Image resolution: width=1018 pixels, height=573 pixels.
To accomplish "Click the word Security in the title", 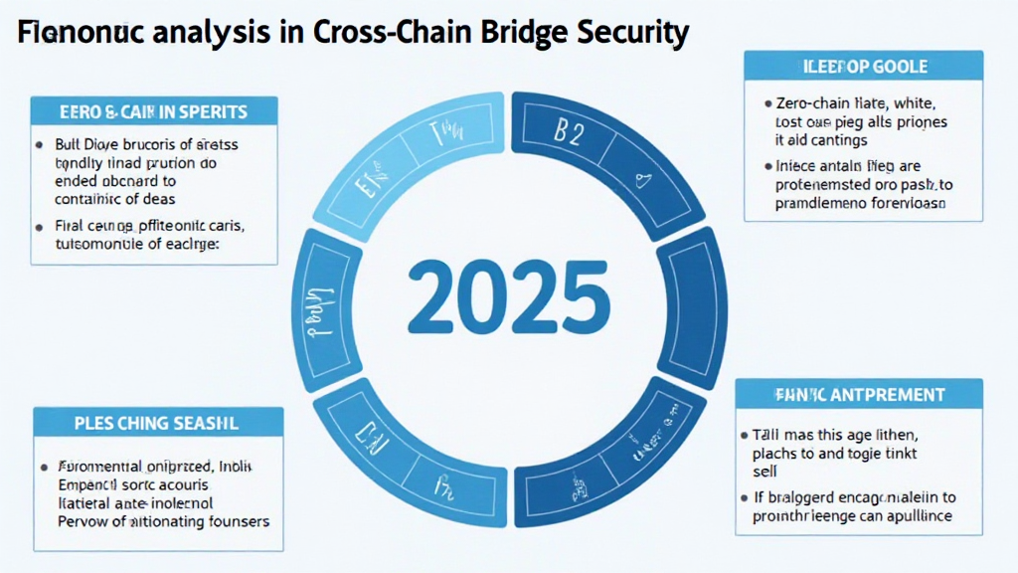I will (633, 33).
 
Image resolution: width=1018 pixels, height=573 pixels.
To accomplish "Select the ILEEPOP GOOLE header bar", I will (863, 67).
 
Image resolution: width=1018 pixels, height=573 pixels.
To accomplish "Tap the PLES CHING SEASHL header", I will (158, 423).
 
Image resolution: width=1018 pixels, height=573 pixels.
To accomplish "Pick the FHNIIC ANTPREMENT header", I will (859, 395).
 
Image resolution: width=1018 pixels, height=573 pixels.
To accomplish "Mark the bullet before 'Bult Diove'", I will (43, 145).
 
